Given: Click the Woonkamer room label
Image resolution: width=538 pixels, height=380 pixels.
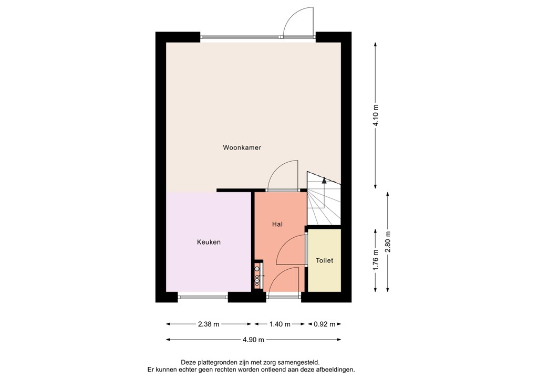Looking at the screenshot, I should point(242,147).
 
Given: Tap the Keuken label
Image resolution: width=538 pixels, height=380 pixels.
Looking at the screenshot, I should point(209,242).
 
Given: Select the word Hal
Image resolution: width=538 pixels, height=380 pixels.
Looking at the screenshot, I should point(277,224).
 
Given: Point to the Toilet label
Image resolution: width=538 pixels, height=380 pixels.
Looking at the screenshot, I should point(324,260).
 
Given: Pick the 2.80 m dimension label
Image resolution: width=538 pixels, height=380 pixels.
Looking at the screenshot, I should point(388,242).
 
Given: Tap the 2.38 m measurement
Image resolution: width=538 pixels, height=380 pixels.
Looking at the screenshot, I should point(209,324).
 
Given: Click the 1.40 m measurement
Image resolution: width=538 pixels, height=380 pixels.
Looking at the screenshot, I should point(280,324).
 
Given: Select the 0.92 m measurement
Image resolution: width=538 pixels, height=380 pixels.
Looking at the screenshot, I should point(324,324).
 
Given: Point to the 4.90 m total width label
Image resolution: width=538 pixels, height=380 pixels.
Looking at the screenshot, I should point(253,340).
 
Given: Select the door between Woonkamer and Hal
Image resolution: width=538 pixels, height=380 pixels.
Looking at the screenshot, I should point(283,176).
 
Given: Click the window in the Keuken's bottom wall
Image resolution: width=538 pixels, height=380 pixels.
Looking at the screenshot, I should point(203,297).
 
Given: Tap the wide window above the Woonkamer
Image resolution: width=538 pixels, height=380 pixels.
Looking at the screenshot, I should point(242,37).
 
